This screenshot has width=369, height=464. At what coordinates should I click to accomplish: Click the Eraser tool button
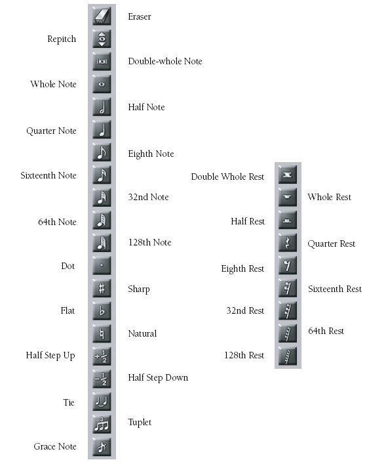tap(102, 16)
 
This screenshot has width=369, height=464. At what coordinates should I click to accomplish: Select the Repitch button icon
tap(102, 39)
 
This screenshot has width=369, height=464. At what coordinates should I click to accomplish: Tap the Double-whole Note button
tap(102, 61)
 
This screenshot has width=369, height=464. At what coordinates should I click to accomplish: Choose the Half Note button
tap(102, 107)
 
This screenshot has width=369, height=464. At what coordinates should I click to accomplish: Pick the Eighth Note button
tap(102, 152)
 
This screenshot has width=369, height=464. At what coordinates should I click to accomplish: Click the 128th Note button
tap(102, 243)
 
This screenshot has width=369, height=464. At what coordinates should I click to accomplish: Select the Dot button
tap(102, 265)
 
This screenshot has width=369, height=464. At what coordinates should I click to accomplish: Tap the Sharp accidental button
tap(102, 288)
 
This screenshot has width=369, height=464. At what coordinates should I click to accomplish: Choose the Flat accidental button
tap(102, 310)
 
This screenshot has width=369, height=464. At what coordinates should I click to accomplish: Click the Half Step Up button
tap(102, 356)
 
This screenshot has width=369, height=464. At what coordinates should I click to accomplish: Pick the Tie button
tap(102, 402)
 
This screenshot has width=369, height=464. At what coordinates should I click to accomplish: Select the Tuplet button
tap(102, 425)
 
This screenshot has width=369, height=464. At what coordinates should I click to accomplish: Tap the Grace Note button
tap(102, 447)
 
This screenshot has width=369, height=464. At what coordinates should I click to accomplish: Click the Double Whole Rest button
tap(288, 175)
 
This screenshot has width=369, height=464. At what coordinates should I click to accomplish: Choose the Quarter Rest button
tap(288, 243)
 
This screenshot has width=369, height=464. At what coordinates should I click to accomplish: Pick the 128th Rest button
tap(288, 356)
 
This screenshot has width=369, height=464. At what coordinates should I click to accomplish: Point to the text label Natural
tap(142, 333)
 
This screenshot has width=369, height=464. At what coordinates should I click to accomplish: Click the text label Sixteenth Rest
tap(335, 289)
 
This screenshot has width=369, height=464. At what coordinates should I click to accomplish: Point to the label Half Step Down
tap(158, 378)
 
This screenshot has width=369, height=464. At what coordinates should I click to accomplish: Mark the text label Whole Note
tap(53, 84)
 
